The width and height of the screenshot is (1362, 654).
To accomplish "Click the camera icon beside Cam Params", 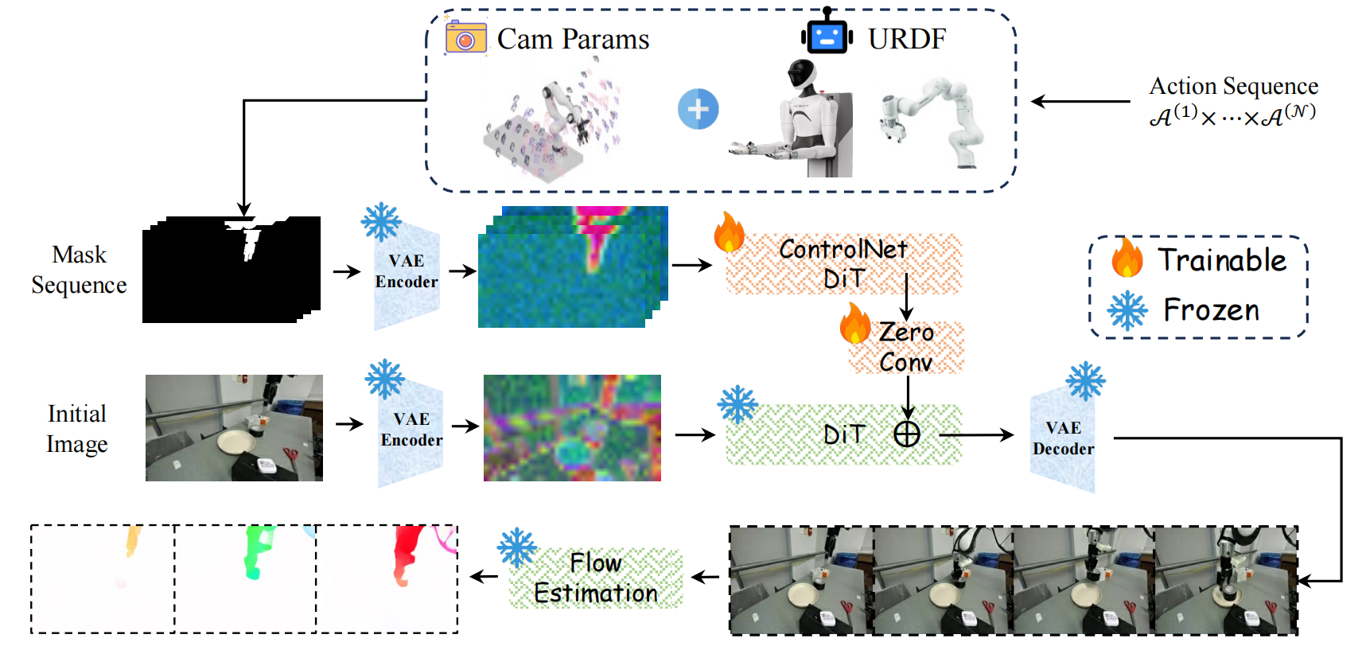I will tap(465, 37).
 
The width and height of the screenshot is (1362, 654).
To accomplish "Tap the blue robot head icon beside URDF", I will tap(827, 35).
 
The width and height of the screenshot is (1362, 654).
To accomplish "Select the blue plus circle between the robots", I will tap(698, 109).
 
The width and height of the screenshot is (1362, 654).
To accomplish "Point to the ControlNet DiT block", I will tap(843, 263).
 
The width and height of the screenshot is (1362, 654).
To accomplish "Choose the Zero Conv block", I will tap(906, 348).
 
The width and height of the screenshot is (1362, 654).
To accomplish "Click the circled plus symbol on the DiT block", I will tap(907, 434).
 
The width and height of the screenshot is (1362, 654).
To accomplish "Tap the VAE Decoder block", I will tap(1063, 438).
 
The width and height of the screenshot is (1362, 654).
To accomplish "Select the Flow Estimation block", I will tap(596, 578).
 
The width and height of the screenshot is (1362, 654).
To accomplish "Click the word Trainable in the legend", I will tap(1222, 260).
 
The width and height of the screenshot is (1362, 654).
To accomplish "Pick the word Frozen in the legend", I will tap(1211, 310).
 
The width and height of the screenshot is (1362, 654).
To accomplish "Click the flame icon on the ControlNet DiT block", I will tap(729, 232).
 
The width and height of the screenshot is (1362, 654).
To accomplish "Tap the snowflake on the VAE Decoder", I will tap(1086, 381).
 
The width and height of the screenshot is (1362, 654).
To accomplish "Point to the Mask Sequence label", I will tap(79, 270).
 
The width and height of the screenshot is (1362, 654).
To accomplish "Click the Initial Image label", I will tap(76, 428).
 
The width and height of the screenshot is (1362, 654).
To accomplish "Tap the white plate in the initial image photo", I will tap(239, 442).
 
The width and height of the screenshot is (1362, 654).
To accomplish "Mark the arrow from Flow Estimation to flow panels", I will tap(484, 577).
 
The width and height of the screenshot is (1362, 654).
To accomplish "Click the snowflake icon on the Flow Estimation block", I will tap(517, 547).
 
